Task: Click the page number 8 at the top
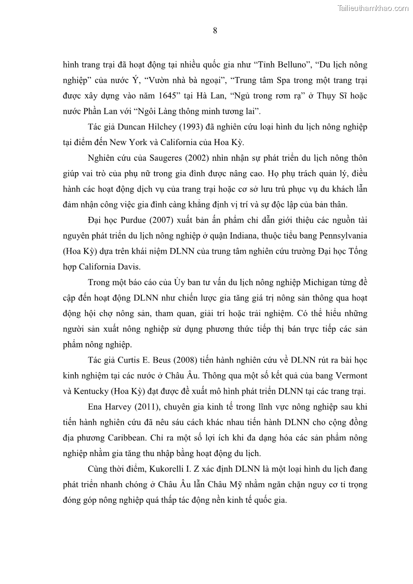[215, 30]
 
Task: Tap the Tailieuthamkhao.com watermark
[373, 8]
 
